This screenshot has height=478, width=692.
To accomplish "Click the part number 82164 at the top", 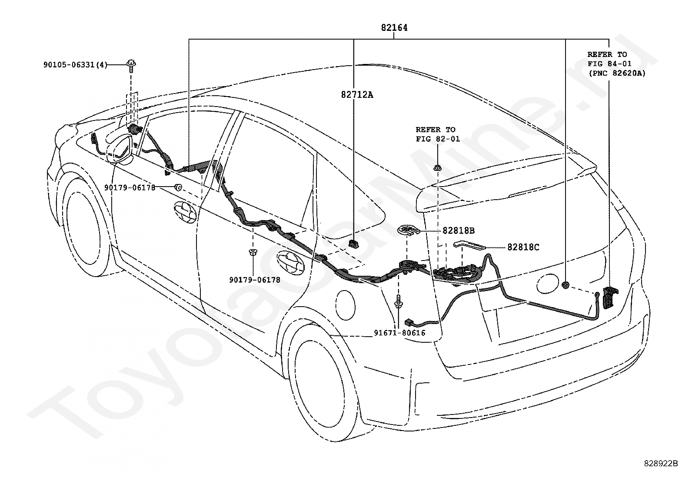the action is coord(394,28).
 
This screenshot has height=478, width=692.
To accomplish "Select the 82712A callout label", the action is coord(357,95).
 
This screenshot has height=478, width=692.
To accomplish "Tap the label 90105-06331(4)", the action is coord(75,65).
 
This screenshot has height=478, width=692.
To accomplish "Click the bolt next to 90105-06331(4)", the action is coord(131,66).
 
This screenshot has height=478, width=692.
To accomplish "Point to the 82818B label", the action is coord(459,231).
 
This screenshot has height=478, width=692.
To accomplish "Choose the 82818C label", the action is coord(523,247).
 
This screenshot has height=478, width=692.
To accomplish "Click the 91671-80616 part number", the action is coord(399,333).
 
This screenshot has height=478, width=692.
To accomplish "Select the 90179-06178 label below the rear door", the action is coord(255,280).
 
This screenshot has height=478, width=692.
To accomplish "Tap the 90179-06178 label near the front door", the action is coord(130,187).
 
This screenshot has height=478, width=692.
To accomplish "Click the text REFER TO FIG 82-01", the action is coord(438,134).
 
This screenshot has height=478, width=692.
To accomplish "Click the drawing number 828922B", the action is coord(661,464).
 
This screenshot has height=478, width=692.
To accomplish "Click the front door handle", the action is coord(185,212).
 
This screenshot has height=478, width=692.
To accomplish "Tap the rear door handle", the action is coord(290,261).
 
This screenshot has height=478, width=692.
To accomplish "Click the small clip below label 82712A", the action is coord(353,244).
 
